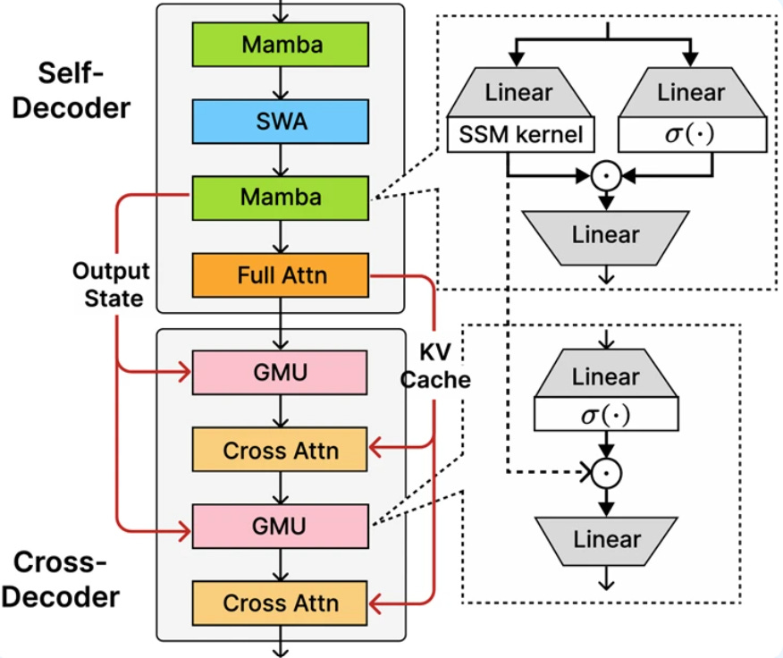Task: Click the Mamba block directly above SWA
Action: point(281,43)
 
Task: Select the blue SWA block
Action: point(281,120)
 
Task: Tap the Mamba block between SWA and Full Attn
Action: point(281,196)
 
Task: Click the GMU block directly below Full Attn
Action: point(281,372)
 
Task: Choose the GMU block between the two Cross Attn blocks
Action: point(281,525)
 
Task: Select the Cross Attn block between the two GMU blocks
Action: point(281,449)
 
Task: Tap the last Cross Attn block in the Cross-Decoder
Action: point(281,602)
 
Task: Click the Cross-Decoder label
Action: point(67,578)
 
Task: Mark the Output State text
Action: point(112,284)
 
